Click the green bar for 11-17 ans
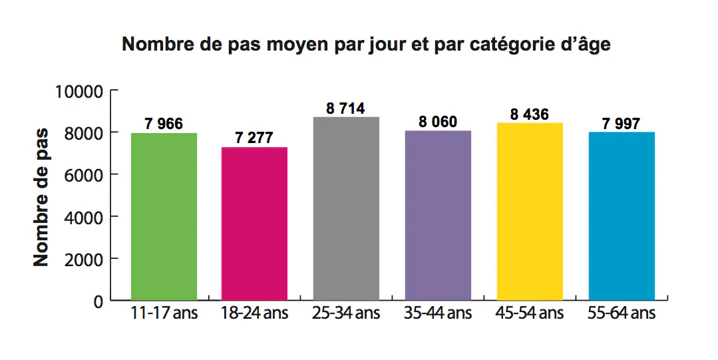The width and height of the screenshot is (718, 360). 164,216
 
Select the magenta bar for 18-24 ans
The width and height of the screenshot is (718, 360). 254,223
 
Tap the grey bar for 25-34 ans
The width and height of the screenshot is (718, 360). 346,208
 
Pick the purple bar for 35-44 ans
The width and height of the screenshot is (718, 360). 438,215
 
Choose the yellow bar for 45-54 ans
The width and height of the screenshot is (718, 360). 530,211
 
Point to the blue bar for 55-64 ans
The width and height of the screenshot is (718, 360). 622,216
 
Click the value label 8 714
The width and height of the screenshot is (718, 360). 346,108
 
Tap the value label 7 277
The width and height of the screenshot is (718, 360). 254,138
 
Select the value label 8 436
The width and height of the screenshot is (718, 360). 530,114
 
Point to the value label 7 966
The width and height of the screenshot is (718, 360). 164,124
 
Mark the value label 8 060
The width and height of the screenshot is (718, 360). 438,122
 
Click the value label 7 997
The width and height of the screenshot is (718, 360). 622,124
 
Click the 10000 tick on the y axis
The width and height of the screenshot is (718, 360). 79,91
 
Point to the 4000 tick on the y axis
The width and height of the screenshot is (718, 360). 85,217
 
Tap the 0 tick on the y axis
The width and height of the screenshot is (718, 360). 98,301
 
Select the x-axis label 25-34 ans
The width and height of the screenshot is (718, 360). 346,313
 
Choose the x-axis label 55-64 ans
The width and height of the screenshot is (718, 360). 622,313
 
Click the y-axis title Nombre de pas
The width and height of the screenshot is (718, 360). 41,196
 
